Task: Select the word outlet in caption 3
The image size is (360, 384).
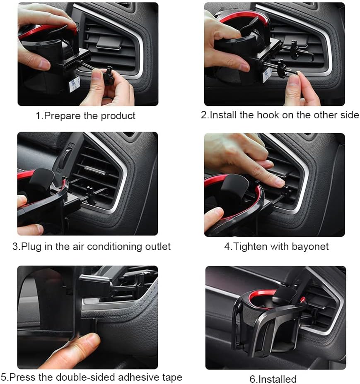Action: [158, 246]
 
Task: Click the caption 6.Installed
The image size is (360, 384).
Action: [273, 379]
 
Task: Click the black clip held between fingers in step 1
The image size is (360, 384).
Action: [108, 75]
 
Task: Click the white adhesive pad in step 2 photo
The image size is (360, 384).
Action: [267, 75]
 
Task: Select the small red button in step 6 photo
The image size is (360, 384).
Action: [302, 299]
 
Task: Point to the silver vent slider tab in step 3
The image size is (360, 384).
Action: [95, 170]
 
